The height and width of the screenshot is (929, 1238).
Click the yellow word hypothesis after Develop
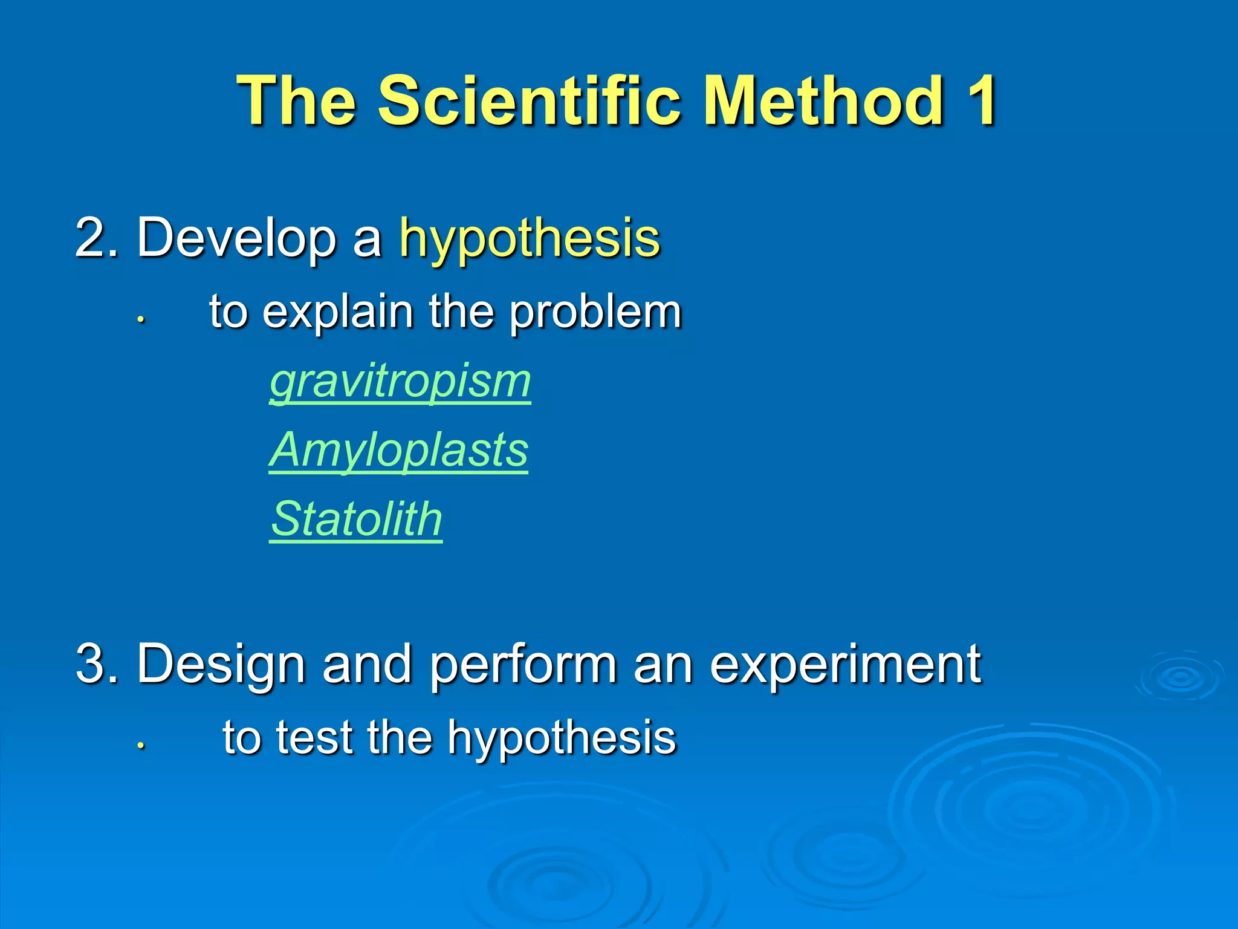(530, 239)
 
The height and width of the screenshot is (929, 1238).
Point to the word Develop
(236, 239)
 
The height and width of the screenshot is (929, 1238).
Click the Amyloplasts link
(398, 451)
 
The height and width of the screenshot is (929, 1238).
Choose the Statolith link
(356, 520)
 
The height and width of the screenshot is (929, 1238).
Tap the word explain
(338, 312)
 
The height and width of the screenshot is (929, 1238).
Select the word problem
(595, 313)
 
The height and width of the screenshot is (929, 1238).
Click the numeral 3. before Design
(97, 663)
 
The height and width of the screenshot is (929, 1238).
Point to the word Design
(221, 665)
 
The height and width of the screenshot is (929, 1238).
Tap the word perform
(523, 665)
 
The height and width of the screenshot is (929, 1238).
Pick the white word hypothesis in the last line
(562, 739)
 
